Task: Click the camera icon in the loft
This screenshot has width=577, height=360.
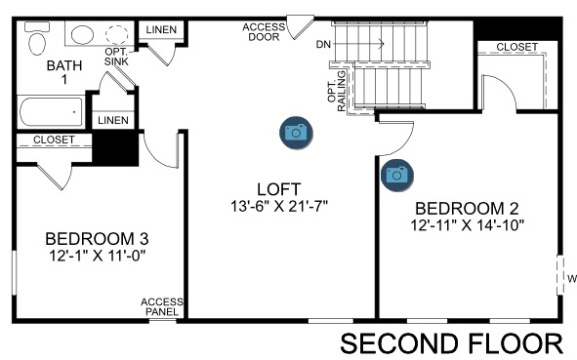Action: point(296,133)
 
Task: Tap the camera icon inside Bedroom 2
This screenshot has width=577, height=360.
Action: point(396,175)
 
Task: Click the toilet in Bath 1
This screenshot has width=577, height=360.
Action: point(37,38)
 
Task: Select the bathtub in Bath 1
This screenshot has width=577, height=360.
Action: point(51,112)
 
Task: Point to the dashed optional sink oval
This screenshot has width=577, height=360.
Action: point(117,34)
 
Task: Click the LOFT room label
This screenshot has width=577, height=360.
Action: point(278,189)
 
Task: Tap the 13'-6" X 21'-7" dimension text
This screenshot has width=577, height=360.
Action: point(279,206)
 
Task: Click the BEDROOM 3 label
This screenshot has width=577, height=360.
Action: point(97,239)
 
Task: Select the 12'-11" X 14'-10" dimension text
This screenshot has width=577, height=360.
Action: point(467,225)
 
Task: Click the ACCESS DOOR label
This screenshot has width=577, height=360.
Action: point(264,32)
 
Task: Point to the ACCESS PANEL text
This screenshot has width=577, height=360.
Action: point(162,307)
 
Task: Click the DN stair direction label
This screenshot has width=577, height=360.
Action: point(323,45)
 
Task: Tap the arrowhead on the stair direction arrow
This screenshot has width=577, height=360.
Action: point(382,44)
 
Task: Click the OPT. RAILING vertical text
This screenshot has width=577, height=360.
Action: point(337,91)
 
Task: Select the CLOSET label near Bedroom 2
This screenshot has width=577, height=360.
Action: point(517,47)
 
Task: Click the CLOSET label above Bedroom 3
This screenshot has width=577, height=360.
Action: point(54,140)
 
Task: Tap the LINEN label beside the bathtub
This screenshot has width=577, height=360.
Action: point(113,120)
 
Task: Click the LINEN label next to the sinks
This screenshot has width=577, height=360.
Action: point(161,30)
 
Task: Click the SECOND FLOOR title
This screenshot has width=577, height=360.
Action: point(451,343)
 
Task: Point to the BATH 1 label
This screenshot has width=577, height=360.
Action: point(64,72)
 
